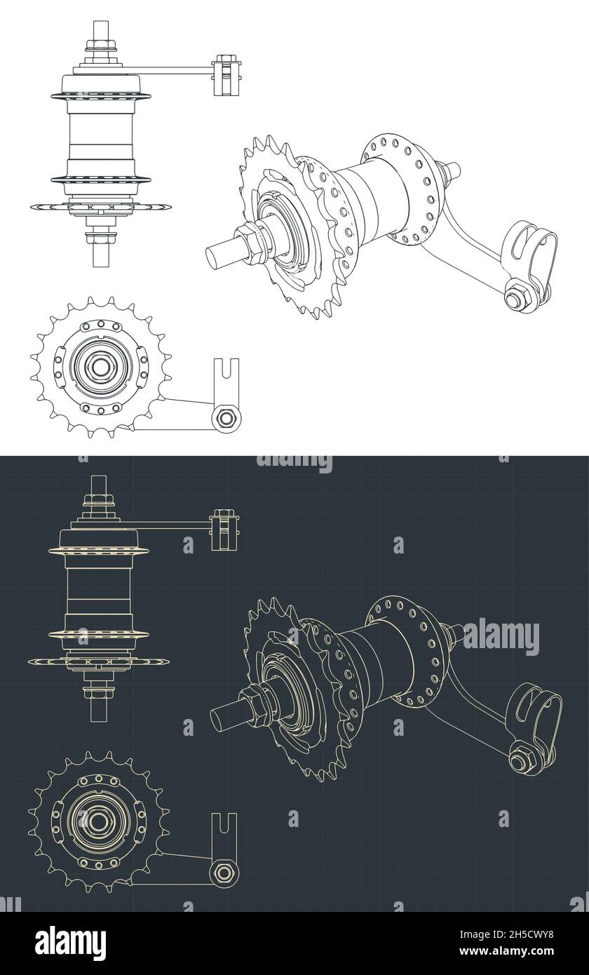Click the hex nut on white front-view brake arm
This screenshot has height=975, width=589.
(226, 418)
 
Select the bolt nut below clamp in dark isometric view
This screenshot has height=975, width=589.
(520, 758)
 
